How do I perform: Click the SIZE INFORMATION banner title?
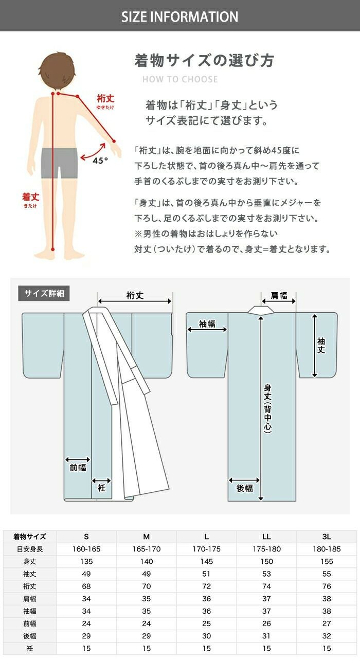click(x=179, y=17)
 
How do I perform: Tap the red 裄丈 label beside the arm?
click(x=105, y=99)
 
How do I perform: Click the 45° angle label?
click(x=100, y=160)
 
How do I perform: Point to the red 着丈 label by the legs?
click(x=31, y=197)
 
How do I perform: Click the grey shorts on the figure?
click(x=59, y=163)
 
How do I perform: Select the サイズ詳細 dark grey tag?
click(x=44, y=293)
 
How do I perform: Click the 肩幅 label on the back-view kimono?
click(x=279, y=295)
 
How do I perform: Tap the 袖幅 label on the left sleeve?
click(x=207, y=324)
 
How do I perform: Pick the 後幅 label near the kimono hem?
click(x=244, y=488)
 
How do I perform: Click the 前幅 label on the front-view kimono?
click(x=78, y=468)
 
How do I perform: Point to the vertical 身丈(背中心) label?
click(x=267, y=408)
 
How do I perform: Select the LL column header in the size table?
click(x=266, y=537)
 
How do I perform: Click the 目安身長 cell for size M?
click(x=147, y=549)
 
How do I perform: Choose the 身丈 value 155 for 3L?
click(x=327, y=561)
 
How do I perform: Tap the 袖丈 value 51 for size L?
click(x=206, y=574)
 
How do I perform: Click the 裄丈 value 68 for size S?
click(x=86, y=586)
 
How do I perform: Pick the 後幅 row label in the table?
click(x=30, y=636)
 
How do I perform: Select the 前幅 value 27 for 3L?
click(x=327, y=623)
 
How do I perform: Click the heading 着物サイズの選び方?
click(x=204, y=60)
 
